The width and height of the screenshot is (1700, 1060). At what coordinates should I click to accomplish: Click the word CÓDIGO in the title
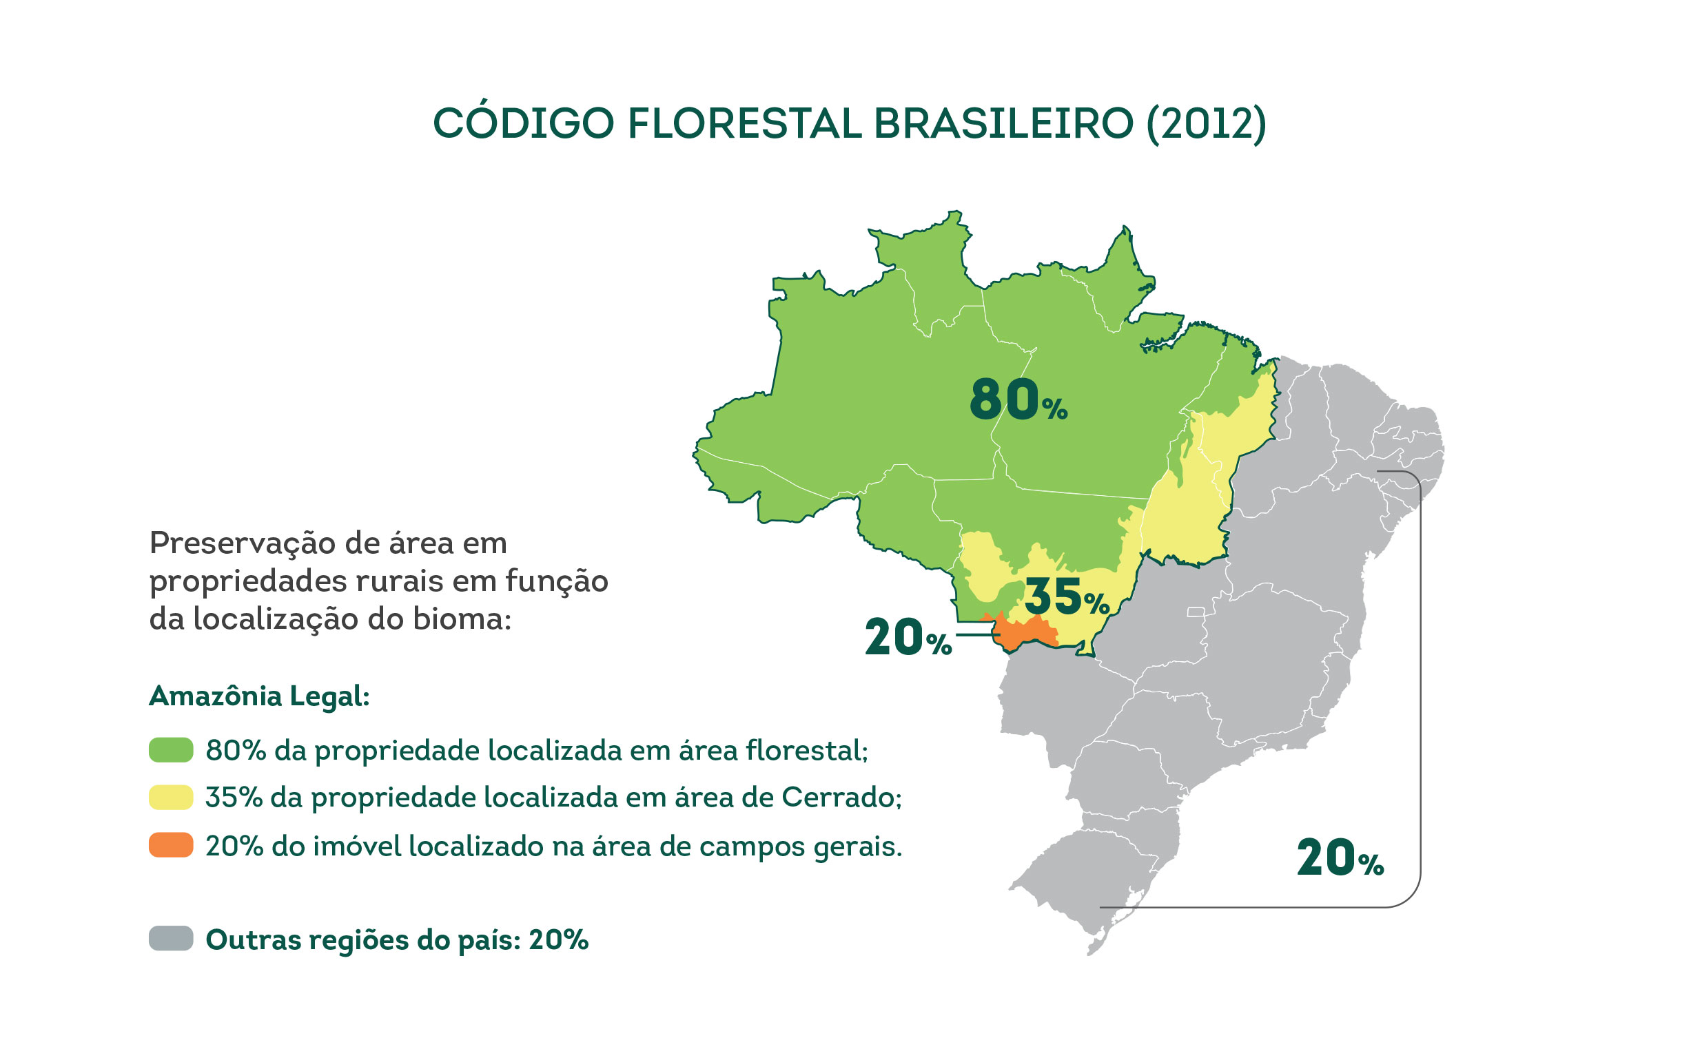(523, 124)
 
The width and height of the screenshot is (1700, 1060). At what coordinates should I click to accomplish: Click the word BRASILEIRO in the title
(1003, 124)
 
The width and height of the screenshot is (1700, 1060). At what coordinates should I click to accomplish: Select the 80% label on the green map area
(1018, 399)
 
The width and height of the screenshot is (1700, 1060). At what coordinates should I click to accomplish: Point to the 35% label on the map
(1066, 597)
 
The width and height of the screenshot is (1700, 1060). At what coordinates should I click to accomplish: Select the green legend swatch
(170, 750)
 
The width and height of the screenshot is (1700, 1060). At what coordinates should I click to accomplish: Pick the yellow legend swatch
(170, 798)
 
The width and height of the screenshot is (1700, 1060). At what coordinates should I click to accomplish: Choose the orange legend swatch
(170, 846)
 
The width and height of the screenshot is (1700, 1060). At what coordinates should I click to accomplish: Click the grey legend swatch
(170, 939)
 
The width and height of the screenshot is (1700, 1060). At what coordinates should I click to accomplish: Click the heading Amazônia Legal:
(259, 696)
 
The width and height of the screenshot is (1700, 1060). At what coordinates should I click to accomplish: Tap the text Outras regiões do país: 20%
(396, 940)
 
